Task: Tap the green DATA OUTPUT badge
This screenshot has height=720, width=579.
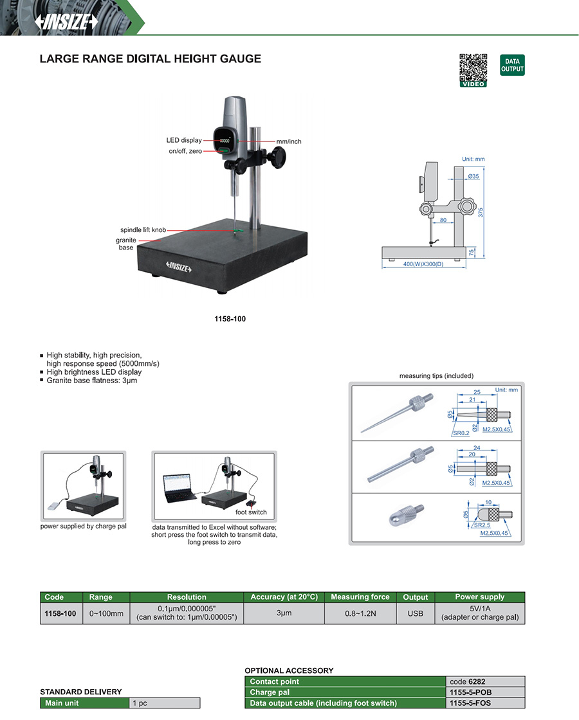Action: (512, 65)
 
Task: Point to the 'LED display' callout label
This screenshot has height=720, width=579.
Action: (184, 140)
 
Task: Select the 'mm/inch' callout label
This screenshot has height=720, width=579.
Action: (289, 141)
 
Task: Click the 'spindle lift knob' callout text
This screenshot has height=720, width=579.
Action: (143, 230)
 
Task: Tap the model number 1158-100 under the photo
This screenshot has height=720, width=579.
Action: (230, 319)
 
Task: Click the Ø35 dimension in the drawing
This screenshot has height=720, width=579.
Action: (473, 176)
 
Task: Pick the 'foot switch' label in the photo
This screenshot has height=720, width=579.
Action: (251, 512)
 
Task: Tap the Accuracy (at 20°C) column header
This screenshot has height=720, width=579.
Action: (284, 597)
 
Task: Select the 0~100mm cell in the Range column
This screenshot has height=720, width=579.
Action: (106, 613)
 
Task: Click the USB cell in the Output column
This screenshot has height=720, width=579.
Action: (416, 613)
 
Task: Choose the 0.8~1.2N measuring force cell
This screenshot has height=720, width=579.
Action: (360, 613)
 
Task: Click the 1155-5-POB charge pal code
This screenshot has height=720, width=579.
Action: (475, 692)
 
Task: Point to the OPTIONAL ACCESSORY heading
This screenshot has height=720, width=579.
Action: (289, 670)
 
